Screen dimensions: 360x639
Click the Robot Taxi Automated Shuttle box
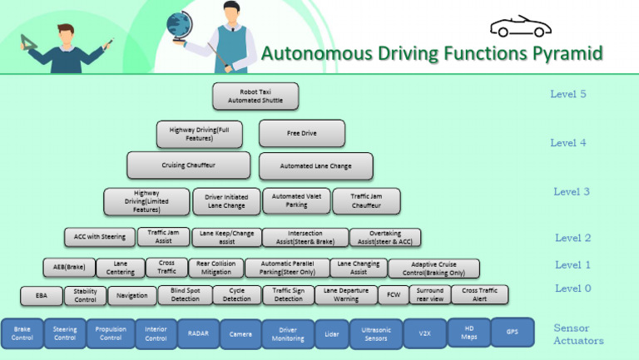[255, 96]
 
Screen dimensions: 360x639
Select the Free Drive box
[301, 133]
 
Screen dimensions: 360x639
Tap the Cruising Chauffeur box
[188, 165]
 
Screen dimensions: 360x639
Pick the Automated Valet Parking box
[296, 200]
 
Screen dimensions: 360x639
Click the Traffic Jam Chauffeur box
[366, 200]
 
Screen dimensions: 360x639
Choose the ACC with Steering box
[100, 237]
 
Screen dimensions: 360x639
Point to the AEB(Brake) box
[65, 267]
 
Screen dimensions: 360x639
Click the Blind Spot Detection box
[184, 294]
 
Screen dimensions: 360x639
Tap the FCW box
[392, 294]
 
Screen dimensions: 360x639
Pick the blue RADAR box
[198, 333]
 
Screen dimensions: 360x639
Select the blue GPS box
[512, 332]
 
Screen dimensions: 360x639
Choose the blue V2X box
[424, 333]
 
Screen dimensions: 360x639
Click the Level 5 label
[568, 94]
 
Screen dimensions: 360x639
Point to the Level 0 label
[573, 288]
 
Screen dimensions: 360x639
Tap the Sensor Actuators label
[578, 334]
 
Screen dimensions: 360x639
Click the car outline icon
[520, 27]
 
